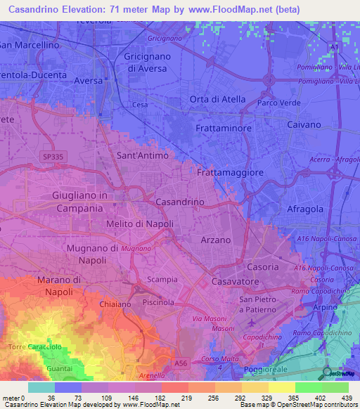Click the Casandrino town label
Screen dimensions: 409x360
pos(179,202)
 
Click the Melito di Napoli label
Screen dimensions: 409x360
pos(139,223)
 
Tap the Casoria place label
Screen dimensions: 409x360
pos(264,267)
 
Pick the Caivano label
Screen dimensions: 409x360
pos(305,124)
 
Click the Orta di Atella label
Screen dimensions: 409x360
pos(217,99)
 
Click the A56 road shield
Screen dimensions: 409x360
pos(181,363)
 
